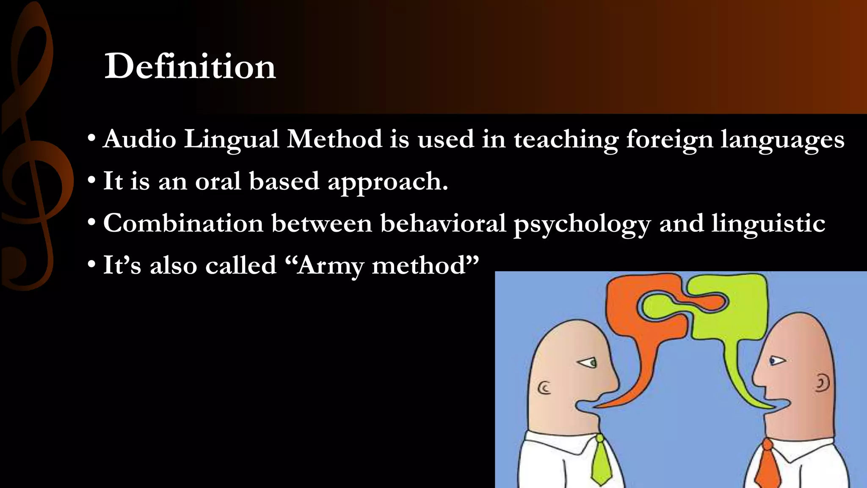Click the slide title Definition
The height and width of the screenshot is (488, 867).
coord(190,67)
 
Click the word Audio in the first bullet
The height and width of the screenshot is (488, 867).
coord(139,139)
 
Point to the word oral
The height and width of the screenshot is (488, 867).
coord(218,181)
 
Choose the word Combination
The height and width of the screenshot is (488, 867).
coord(183,223)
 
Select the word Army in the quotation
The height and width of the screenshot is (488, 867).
coord(330,266)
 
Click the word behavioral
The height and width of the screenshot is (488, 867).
coord(443,223)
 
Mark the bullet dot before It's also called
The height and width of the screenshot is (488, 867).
coord(91,265)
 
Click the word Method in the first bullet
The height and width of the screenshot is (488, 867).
coord(334,139)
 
